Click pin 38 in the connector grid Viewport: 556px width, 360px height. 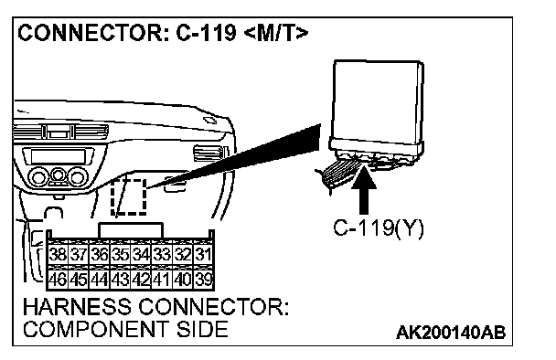58,254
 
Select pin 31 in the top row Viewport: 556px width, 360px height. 203,254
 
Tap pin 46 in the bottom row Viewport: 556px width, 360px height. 58,279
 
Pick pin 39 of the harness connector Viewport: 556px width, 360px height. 203,279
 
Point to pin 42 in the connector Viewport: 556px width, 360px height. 141,279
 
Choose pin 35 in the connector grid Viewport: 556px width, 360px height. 120,254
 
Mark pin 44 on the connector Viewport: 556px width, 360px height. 100,279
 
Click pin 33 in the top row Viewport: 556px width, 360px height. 162,254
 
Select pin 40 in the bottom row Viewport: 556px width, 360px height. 183,279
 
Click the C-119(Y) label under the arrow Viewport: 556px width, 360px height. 379,228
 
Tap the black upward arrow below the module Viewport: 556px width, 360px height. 364,189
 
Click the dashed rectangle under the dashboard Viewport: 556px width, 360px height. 129,197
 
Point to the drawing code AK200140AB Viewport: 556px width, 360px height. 451,333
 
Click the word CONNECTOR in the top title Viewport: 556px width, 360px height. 90,33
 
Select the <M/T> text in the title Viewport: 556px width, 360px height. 276,33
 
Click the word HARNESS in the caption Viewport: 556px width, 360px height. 77,306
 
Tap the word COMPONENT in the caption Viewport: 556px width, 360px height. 96,329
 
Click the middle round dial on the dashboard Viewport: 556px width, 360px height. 59,175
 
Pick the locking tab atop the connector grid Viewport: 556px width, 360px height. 131,230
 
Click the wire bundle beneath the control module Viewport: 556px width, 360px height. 338,174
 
